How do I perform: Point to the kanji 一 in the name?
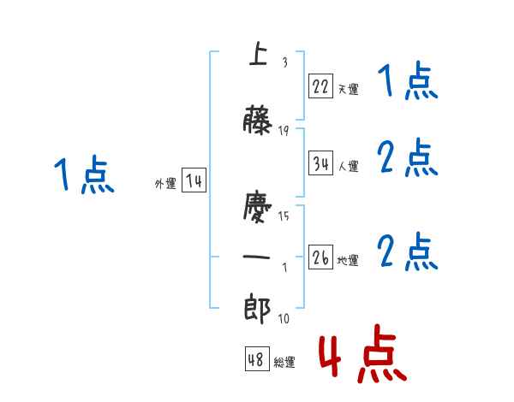point(258,257)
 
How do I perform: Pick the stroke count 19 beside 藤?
point(284,131)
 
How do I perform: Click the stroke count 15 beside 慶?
point(284,216)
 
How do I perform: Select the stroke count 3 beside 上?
point(284,62)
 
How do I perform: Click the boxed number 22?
point(320,86)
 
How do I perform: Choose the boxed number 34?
point(320,164)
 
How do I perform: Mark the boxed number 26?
point(320,258)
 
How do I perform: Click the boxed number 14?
point(193,181)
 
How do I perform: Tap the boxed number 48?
point(256,360)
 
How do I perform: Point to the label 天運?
point(348,89)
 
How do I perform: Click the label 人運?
point(348,167)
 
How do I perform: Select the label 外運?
point(164,184)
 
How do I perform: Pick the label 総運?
point(284,363)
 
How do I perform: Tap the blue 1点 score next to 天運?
point(407,84)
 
